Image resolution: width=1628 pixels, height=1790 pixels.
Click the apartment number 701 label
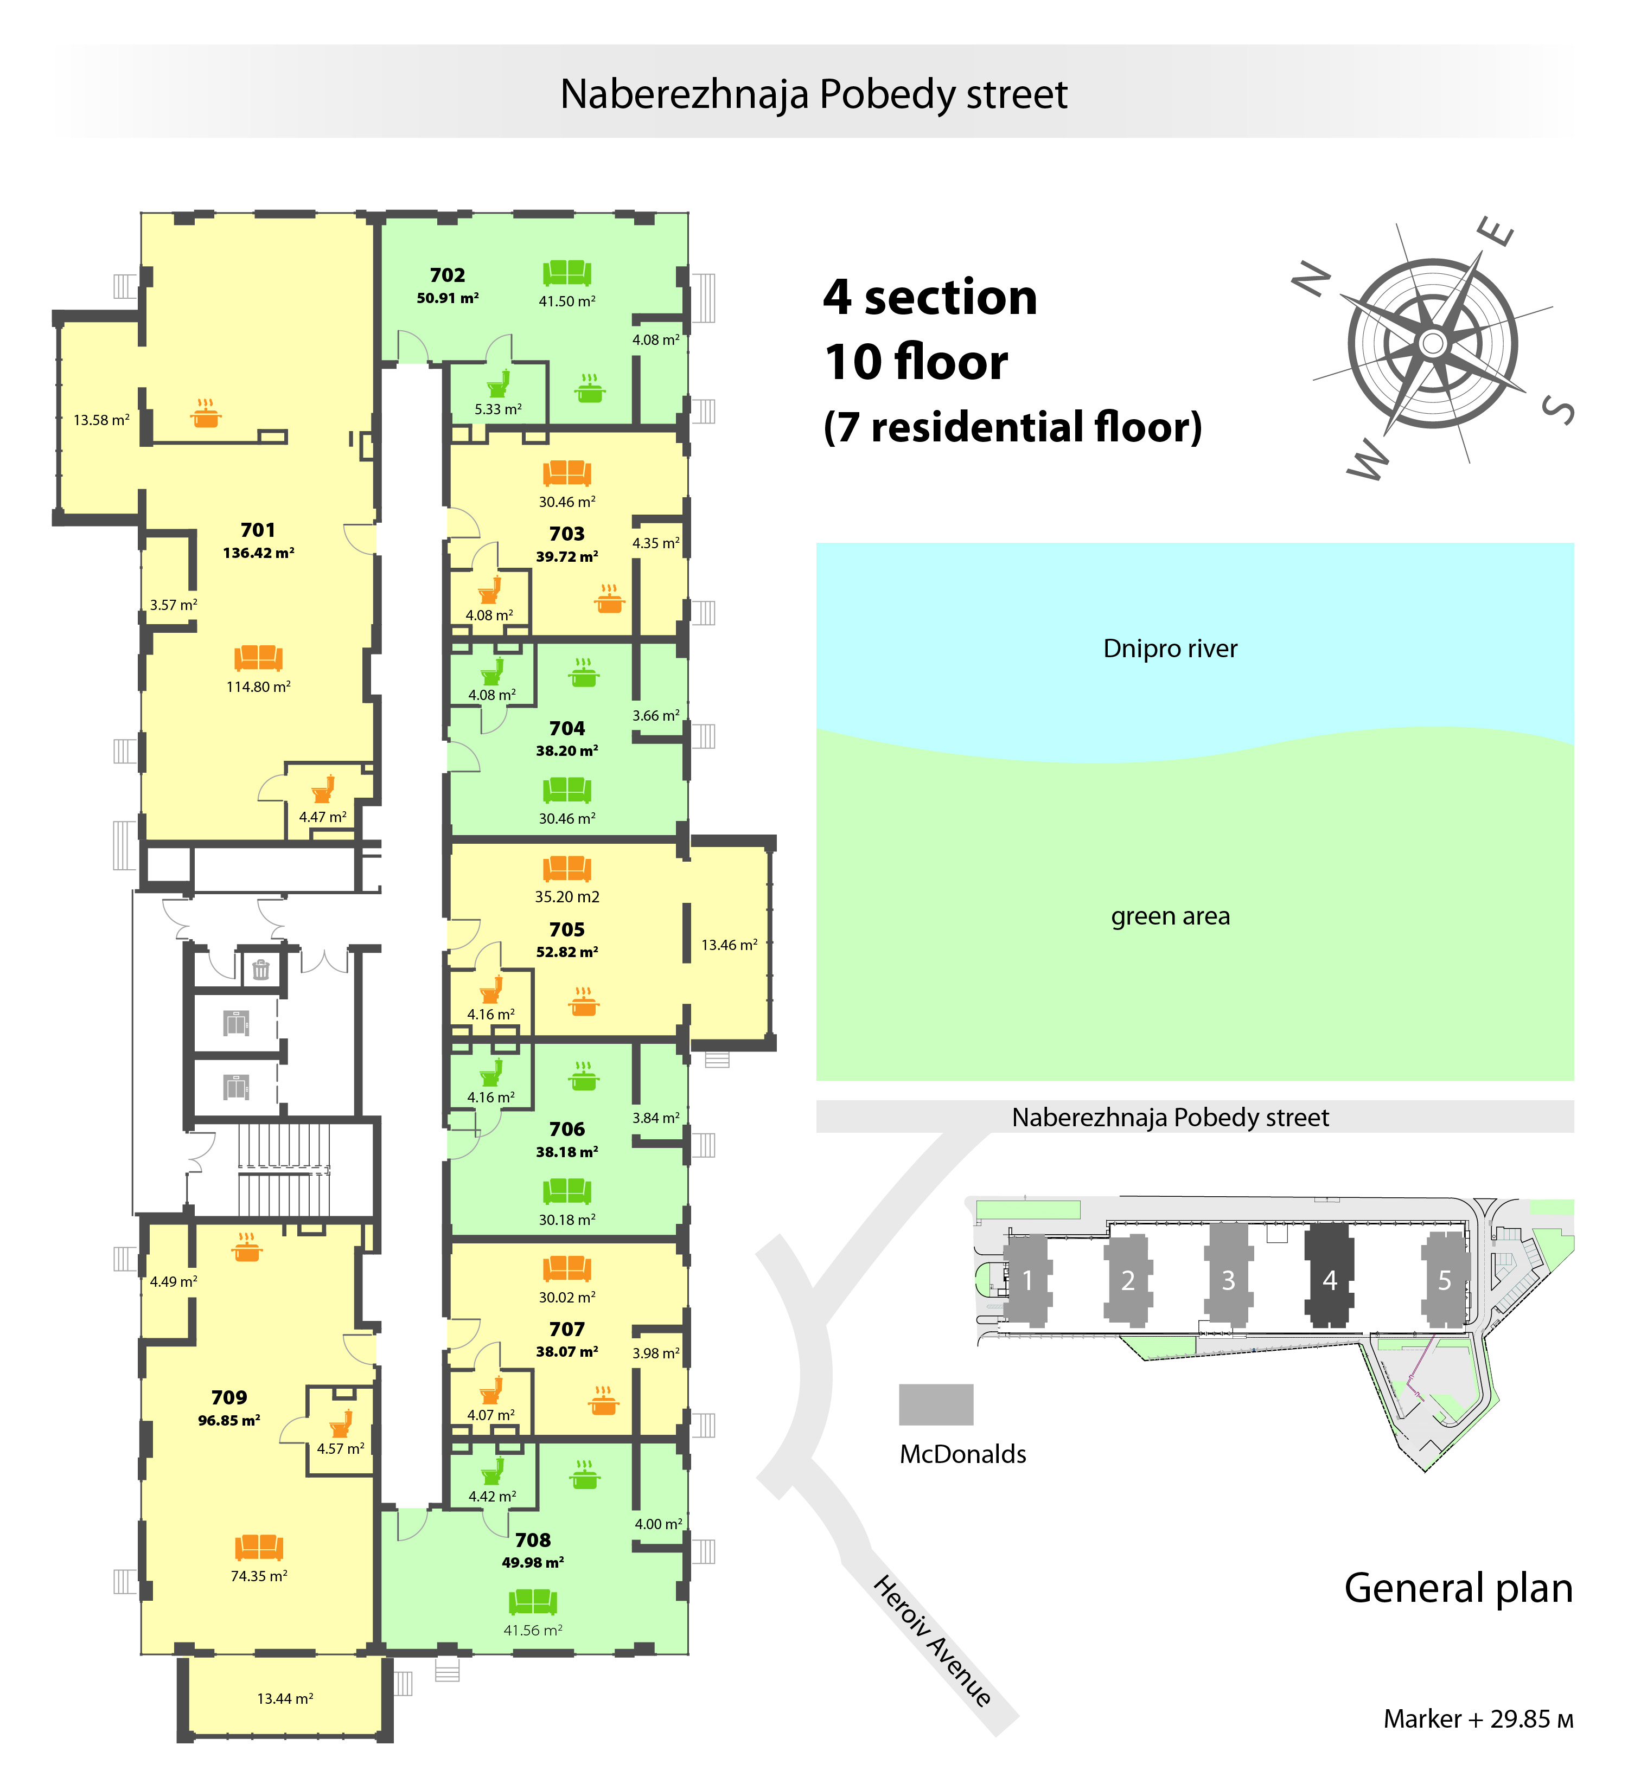tap(258, 530)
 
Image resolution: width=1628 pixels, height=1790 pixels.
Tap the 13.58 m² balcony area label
tap(101, 420)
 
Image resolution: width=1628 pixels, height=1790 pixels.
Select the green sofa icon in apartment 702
tap(567, 273)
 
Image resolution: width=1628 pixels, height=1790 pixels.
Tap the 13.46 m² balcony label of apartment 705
tap(729, 945)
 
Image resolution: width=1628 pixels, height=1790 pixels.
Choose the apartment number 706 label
tap(567, 1130)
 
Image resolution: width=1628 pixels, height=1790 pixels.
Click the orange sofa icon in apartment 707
tap(567, 1268)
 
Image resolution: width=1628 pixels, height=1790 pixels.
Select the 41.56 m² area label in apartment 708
tap(533, 1630)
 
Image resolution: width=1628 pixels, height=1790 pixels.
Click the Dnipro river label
tap(1170, 649)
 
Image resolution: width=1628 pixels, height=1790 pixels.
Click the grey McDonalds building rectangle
tap(936, 1404)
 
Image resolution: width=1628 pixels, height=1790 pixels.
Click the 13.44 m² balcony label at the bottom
tap(285, 1698)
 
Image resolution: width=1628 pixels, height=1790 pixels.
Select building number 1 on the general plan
tap(1027, 1280)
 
